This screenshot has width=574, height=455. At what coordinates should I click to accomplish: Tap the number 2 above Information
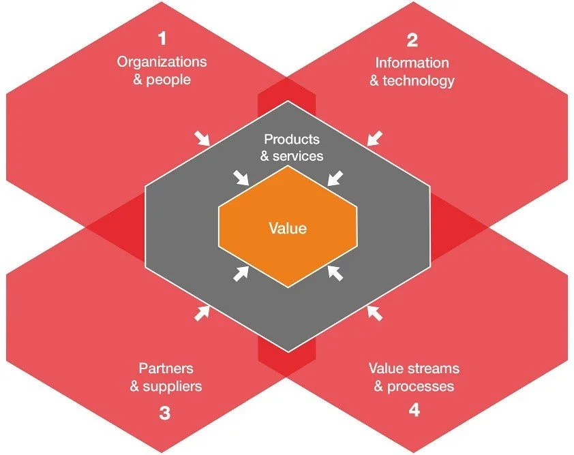pos(412,41)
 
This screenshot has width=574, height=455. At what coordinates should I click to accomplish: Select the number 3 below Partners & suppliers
pos(164,412)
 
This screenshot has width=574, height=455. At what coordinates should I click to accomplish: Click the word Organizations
pos(162,62)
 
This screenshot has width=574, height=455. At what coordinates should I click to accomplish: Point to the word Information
pos(412,63)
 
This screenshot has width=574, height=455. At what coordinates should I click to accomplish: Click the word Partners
pos(166,368)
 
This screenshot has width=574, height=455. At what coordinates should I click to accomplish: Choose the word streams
pos(434,368)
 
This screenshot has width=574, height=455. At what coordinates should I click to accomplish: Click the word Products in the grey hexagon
pos(291,140)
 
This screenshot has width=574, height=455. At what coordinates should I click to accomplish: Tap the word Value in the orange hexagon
pos(287,228)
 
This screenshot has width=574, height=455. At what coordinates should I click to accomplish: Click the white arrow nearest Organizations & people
pos(202,139)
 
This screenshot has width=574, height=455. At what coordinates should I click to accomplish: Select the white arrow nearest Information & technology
pos(374,138)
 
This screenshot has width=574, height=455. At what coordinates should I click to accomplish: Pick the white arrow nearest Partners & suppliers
pos(202,313)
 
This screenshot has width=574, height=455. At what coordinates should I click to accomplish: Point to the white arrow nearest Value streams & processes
pos(374,313)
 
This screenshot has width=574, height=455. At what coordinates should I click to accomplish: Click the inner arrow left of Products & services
pos(242,178)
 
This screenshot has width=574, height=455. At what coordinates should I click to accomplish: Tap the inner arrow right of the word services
pos(334,178)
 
